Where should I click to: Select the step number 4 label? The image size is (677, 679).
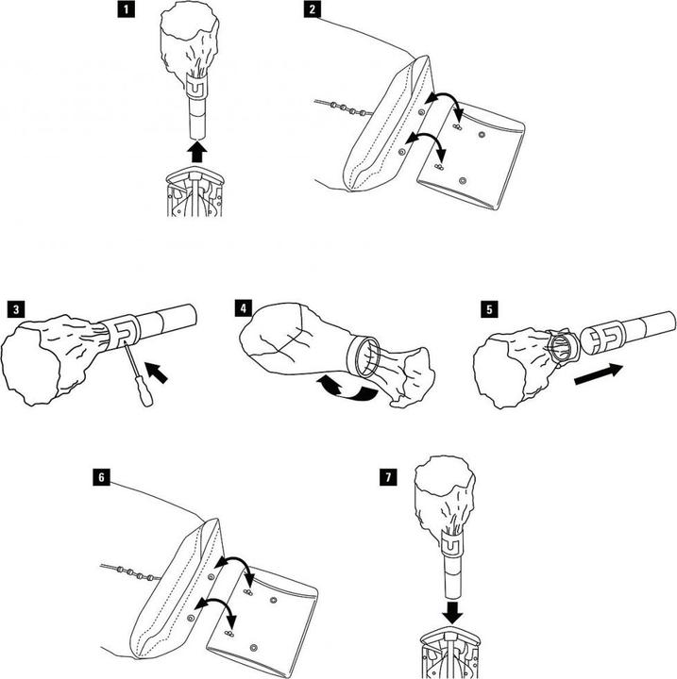tap(245, 308)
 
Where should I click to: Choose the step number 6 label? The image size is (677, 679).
tap(101, 478)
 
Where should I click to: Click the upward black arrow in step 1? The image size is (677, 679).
tap(195, 150)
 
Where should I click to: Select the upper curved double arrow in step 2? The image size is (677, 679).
tap(441, 106)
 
